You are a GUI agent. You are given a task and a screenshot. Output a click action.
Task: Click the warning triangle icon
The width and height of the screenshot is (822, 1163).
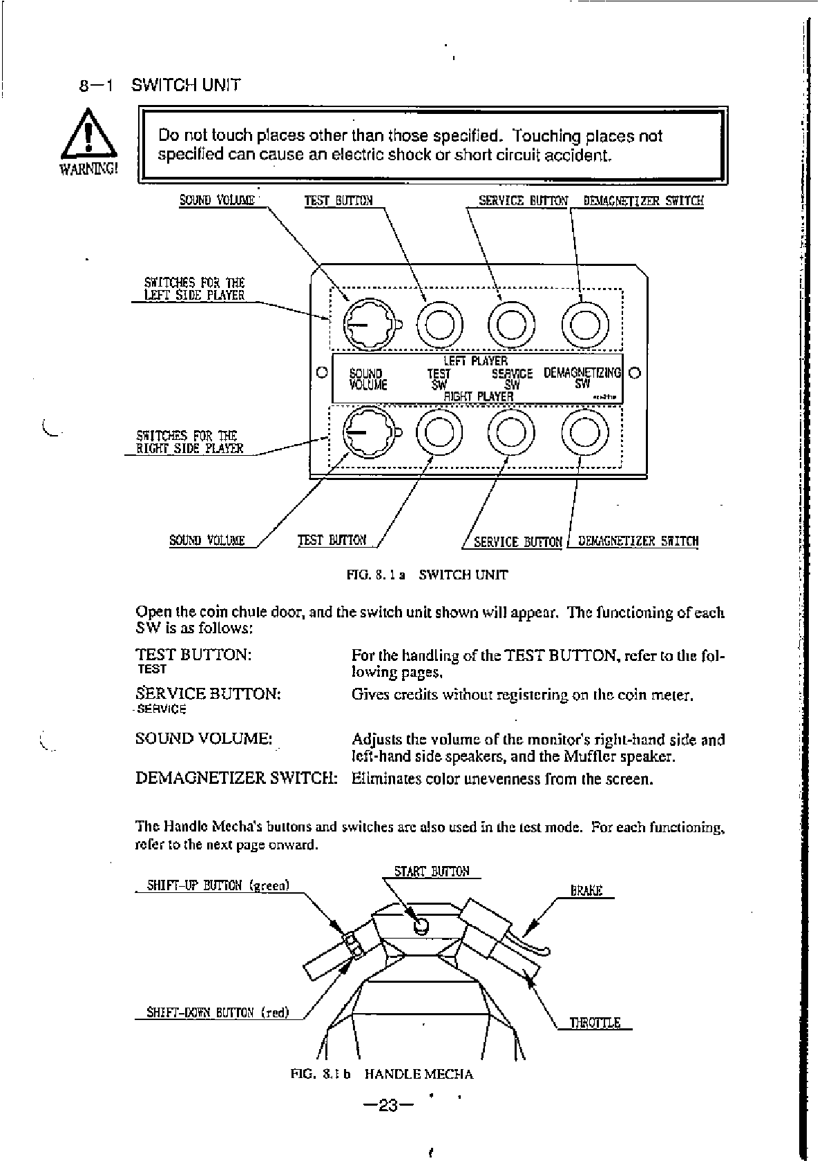(88, 135)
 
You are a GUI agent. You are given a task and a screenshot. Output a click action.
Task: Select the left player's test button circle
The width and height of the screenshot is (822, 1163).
(440, 323)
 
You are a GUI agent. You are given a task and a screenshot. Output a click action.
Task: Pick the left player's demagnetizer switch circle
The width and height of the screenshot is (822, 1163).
(584, 323)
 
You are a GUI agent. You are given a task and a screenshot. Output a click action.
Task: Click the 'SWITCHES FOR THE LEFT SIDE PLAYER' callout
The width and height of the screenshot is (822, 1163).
(194, 289)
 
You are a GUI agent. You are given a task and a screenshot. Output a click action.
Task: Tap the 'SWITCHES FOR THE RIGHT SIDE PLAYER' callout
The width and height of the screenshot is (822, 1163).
(189, 442)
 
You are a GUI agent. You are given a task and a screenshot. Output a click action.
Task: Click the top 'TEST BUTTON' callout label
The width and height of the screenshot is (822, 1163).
(338, 201)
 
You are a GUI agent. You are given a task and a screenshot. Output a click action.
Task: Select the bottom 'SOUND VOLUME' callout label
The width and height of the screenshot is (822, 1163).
(207, 540)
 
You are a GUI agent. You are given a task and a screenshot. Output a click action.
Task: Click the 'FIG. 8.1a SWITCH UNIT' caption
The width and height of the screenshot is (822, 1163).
(428, 575)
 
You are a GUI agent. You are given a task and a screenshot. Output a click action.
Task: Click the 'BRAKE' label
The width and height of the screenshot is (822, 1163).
(586, 891)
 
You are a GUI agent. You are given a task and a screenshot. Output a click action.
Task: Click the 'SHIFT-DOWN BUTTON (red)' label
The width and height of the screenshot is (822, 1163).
(218, 1013)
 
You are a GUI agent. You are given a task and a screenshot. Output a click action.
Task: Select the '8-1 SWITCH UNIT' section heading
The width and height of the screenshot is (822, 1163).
(160, 86)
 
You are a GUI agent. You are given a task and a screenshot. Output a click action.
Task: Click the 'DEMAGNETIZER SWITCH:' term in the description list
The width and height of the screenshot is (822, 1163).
(236, 778)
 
